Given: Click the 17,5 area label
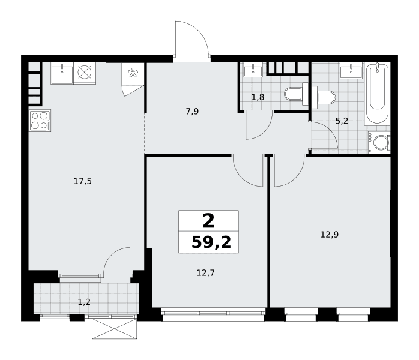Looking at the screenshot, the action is click(x=83, y=182).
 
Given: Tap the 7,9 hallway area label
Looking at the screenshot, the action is click(x=193, y=112).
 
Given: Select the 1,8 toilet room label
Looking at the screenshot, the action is click(x=258, y=97).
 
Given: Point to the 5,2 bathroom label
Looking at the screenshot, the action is click(x=342, y=121).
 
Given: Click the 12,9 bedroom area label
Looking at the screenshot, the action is click(x=330, y=235).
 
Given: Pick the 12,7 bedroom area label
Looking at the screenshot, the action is click(x=206, y=273).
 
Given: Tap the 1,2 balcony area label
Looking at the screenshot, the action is click(x=84, y=302).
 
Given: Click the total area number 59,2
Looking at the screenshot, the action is click(x=211, y=243).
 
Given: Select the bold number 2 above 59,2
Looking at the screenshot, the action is click(x=208, y=221).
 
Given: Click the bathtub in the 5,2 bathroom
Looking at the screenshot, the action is click(x=377, y=94).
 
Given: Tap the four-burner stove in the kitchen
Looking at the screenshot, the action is click(x=40, y=121).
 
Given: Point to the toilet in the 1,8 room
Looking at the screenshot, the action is click(x=296, y=94).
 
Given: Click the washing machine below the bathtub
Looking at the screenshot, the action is click(x=379, y=142).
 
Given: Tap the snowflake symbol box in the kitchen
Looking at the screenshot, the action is click(x=133, y=73).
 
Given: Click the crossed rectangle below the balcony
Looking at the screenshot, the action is click(x=115, y=329).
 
